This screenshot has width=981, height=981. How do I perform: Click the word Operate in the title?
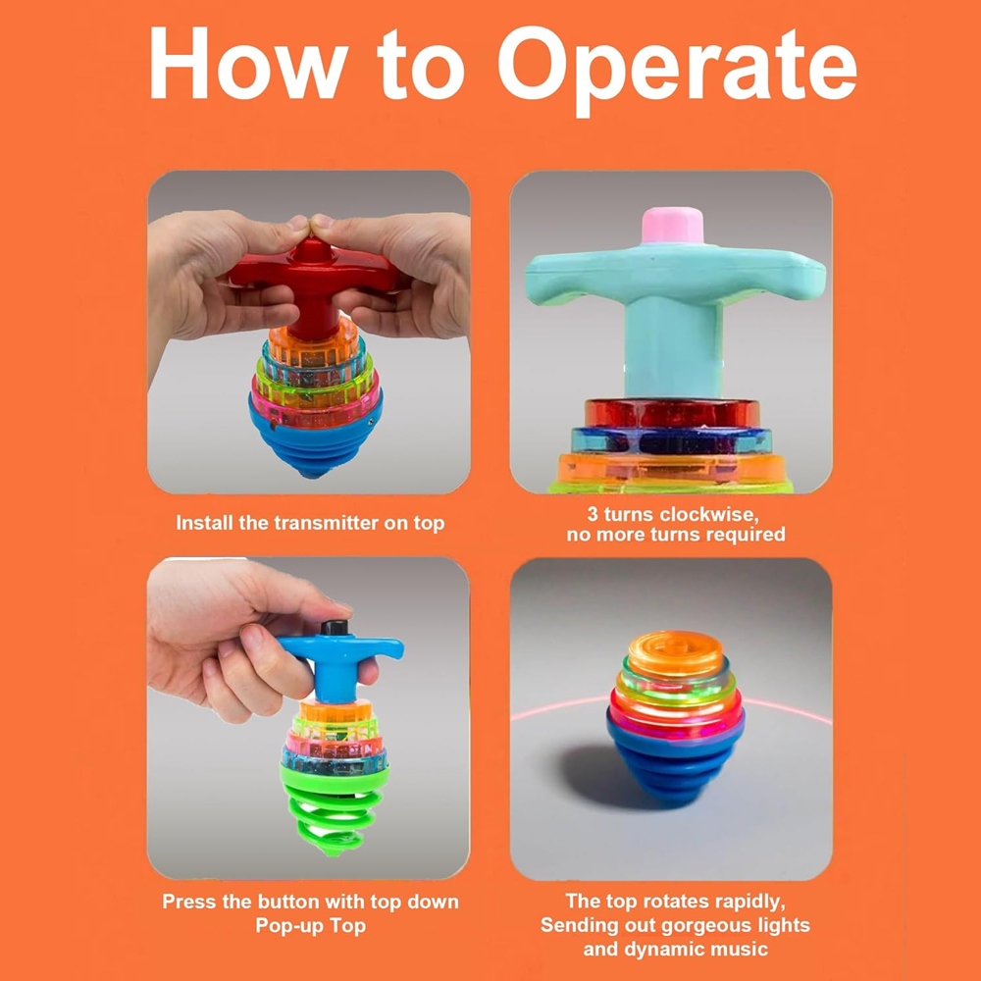677,69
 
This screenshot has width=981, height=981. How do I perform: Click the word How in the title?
248,63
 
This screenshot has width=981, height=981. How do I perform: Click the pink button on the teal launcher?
672,226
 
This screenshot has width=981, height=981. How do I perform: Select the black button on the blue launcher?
335,628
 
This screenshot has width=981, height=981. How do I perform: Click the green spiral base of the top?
333,806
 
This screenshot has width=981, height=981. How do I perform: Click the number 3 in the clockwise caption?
593,515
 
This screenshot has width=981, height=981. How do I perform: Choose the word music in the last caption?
742,949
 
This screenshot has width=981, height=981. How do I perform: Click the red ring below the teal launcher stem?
672,414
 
